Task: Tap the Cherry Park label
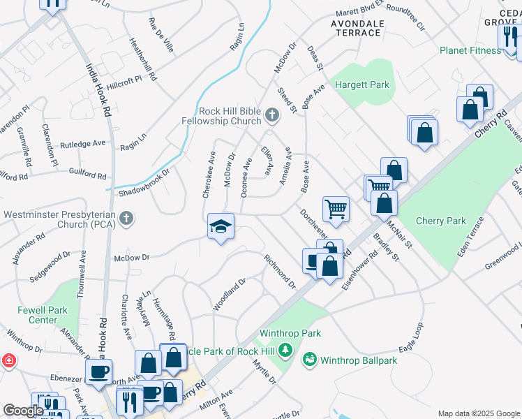440,221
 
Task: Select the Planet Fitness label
470,50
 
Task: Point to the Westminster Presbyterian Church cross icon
126,219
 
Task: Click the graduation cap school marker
221,227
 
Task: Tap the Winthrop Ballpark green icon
309,360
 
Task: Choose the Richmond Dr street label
280,272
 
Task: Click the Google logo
23,411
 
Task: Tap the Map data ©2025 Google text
478,413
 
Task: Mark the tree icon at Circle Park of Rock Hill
285,349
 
